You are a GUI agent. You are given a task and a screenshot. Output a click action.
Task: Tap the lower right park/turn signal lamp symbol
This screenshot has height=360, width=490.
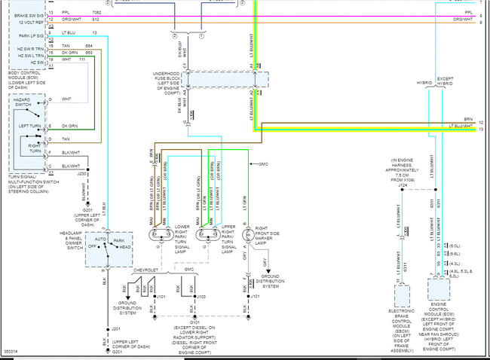click(161, 234)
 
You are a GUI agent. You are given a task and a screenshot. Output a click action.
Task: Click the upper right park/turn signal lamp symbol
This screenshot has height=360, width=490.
click(204, 234)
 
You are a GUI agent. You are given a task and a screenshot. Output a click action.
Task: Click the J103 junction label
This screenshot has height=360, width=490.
click(201, 297)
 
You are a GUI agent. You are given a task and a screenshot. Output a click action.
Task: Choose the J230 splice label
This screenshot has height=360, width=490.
click(83, 173)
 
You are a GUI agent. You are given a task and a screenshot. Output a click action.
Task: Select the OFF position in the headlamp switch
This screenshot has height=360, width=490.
click(93, 246)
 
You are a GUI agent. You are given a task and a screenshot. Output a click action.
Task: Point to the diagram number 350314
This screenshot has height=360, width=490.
click(11, 351)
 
